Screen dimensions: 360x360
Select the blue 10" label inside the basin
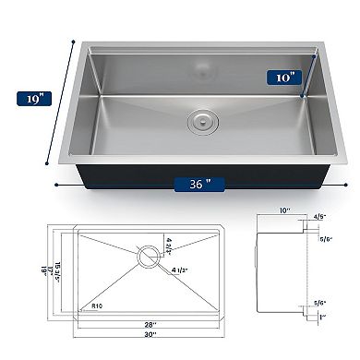[x=286, y=78]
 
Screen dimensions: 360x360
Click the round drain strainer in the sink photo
[x=201, y=119]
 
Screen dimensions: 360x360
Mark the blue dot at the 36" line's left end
[x=57, y=183]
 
